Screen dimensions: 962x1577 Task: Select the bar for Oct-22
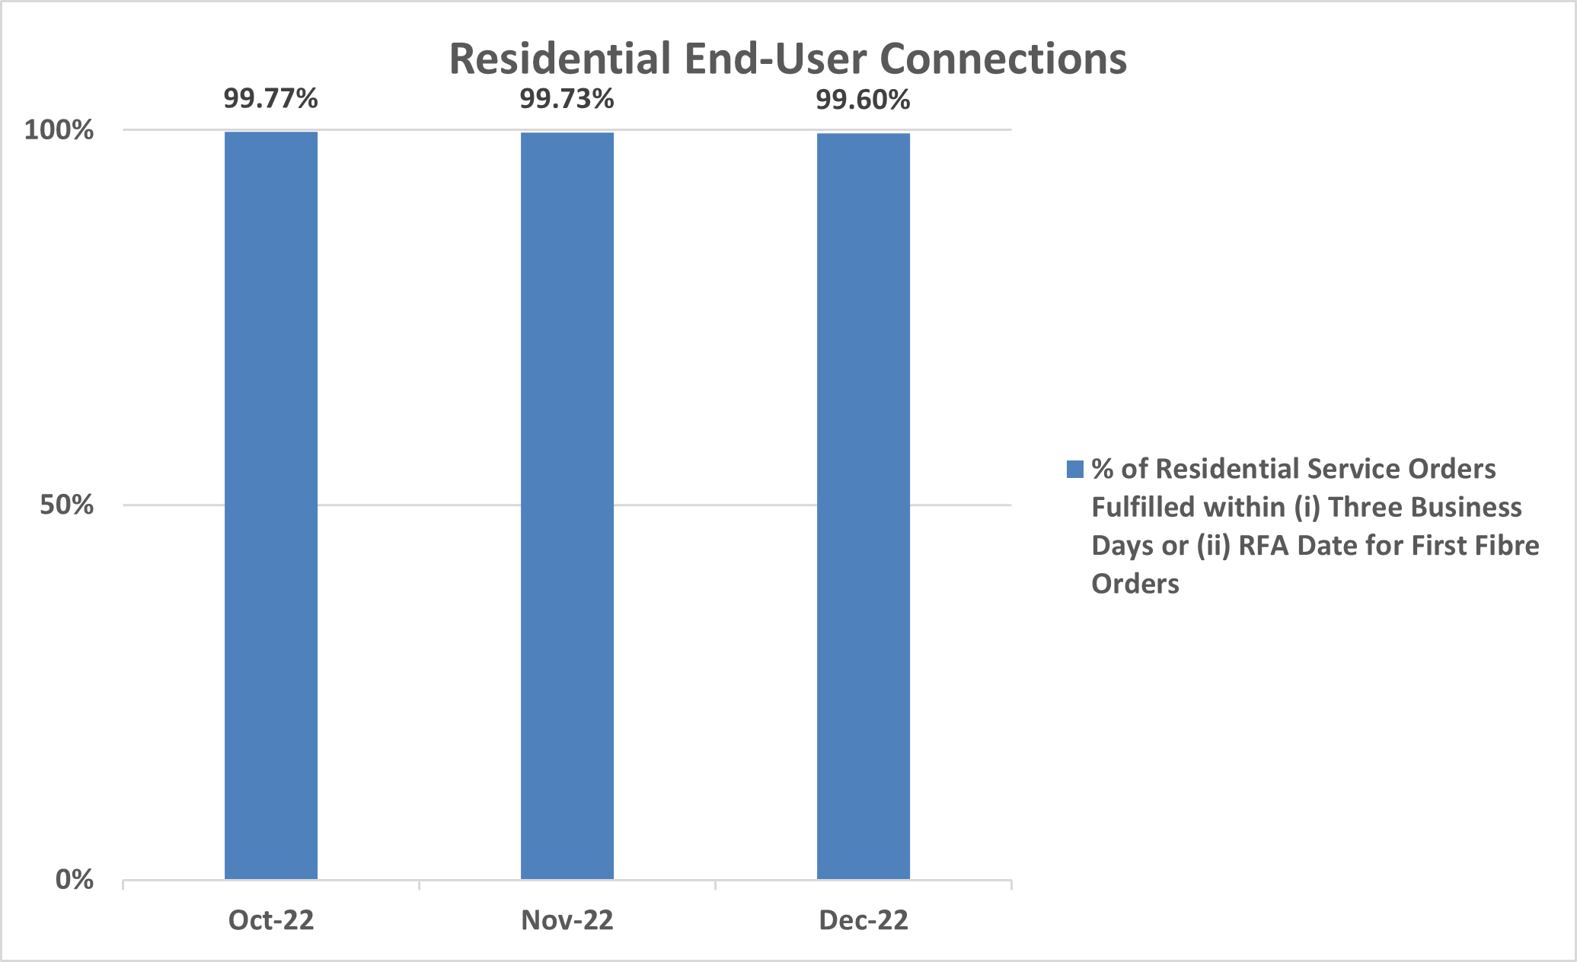coord(271,505)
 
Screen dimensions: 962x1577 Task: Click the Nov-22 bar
coord(567,505)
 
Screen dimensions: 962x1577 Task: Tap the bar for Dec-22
coord(864,505)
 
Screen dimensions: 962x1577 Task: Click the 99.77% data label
coord(270,98)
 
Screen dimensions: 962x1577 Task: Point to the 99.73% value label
coord(567,99)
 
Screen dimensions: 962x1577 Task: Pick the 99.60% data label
coord(863,100)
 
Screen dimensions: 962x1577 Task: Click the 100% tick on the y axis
coord(59,129)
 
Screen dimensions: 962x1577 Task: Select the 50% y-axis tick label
coord(67,505)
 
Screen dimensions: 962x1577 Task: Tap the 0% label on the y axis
coord(75,880)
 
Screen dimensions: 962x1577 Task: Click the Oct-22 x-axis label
coord(271,920)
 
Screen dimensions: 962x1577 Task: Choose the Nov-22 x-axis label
coord(567,920)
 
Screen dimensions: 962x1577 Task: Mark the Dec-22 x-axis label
coord(864,920)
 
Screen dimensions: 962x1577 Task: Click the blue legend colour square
coord(1074,469)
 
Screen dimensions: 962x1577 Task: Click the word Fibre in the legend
coord(1505,545)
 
